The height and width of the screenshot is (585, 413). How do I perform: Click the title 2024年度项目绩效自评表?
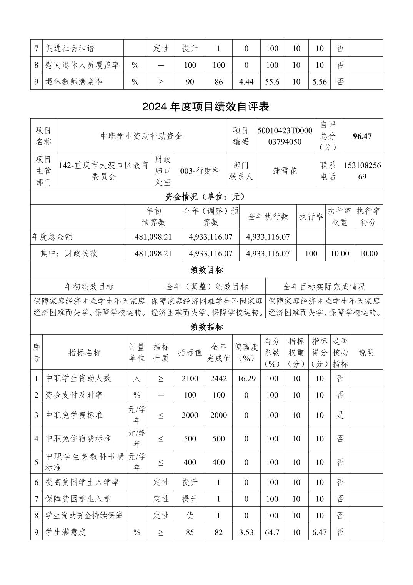pos(205,107)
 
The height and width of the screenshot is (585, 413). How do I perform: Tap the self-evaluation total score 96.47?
pos(362,136)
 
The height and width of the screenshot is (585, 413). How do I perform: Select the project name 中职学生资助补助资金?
pos(141,136)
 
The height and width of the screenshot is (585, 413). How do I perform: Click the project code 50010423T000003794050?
pos(285,136)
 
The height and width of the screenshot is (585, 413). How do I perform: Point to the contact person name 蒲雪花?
pos(285,171)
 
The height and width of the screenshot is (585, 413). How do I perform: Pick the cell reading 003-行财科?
pos(200,171)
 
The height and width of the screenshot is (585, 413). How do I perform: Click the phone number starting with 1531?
pos(362,171)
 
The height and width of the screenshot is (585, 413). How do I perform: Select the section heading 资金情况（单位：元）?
pos(206,197)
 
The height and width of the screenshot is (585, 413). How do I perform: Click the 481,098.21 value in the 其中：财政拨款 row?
pos(153,254)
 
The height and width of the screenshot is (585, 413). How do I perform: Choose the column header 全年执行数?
pos(268,217)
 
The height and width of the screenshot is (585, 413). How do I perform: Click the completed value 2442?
pos(218,378)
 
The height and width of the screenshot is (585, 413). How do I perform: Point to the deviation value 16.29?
pos(246,378)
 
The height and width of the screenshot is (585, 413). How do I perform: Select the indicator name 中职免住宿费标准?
pos(78,439)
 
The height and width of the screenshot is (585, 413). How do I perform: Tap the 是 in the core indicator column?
pos(340,415)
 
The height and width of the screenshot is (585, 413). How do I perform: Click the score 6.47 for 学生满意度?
pos(319,532)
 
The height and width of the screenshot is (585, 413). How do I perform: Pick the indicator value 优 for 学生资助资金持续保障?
pos(190,516)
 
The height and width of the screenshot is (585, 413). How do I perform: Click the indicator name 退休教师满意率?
pos(74,82)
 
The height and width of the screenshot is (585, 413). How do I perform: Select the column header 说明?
pos(366,353)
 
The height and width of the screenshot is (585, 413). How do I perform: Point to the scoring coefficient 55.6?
pos(272,82)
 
